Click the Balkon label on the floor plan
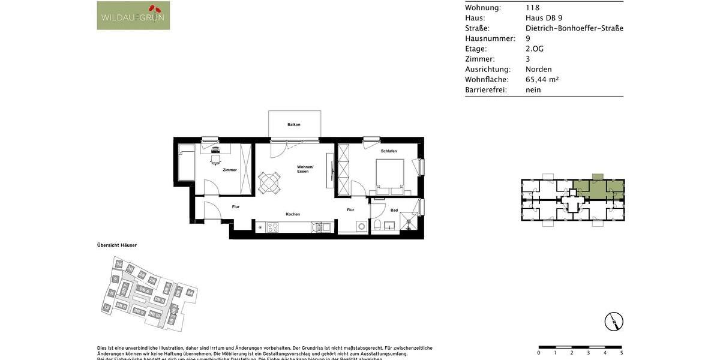click(293, 125)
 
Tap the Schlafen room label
click(388, 151)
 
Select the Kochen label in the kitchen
click(293, 214)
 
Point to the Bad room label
click(394, 211)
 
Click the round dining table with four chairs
click(269, 182)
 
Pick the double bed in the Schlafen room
click(390, 175)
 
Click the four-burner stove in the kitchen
click(272, 227)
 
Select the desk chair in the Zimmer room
click(215, 159)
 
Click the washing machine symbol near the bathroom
click(361, 226)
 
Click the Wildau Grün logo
click(133, 16)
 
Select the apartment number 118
click(532, 8)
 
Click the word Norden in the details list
click(538, 70)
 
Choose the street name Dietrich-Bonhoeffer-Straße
click(574, 28)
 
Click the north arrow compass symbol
click(614, 322)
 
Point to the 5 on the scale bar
click(622, 353)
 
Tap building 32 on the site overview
click(119, 264)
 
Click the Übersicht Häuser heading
click(117, 245)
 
